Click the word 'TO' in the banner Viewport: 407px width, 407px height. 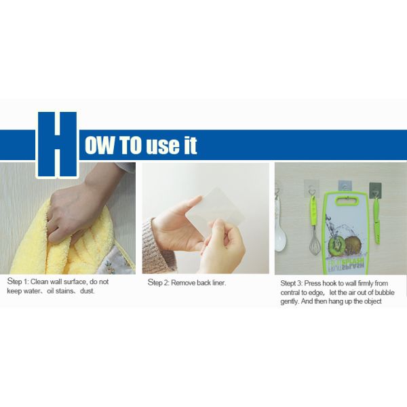click(x=130, y=145)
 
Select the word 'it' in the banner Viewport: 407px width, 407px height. click(x=190, y=145)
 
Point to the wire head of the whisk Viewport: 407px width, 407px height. click(x=315, y=244)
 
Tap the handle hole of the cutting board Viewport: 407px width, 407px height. click(x=347, y=201)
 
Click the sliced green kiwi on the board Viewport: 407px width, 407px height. click(x=336, y=244)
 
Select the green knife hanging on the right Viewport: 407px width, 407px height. click(x=376, y=220)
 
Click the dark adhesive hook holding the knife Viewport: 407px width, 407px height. click(x=375, y=189)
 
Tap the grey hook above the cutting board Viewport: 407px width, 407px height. click(x=345, y=186)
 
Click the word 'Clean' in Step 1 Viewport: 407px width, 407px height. click(x=39, y=282)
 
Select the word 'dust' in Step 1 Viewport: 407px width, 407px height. click(x=87, y=291)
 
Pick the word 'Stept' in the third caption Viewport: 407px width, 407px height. click(x=288, y=284)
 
